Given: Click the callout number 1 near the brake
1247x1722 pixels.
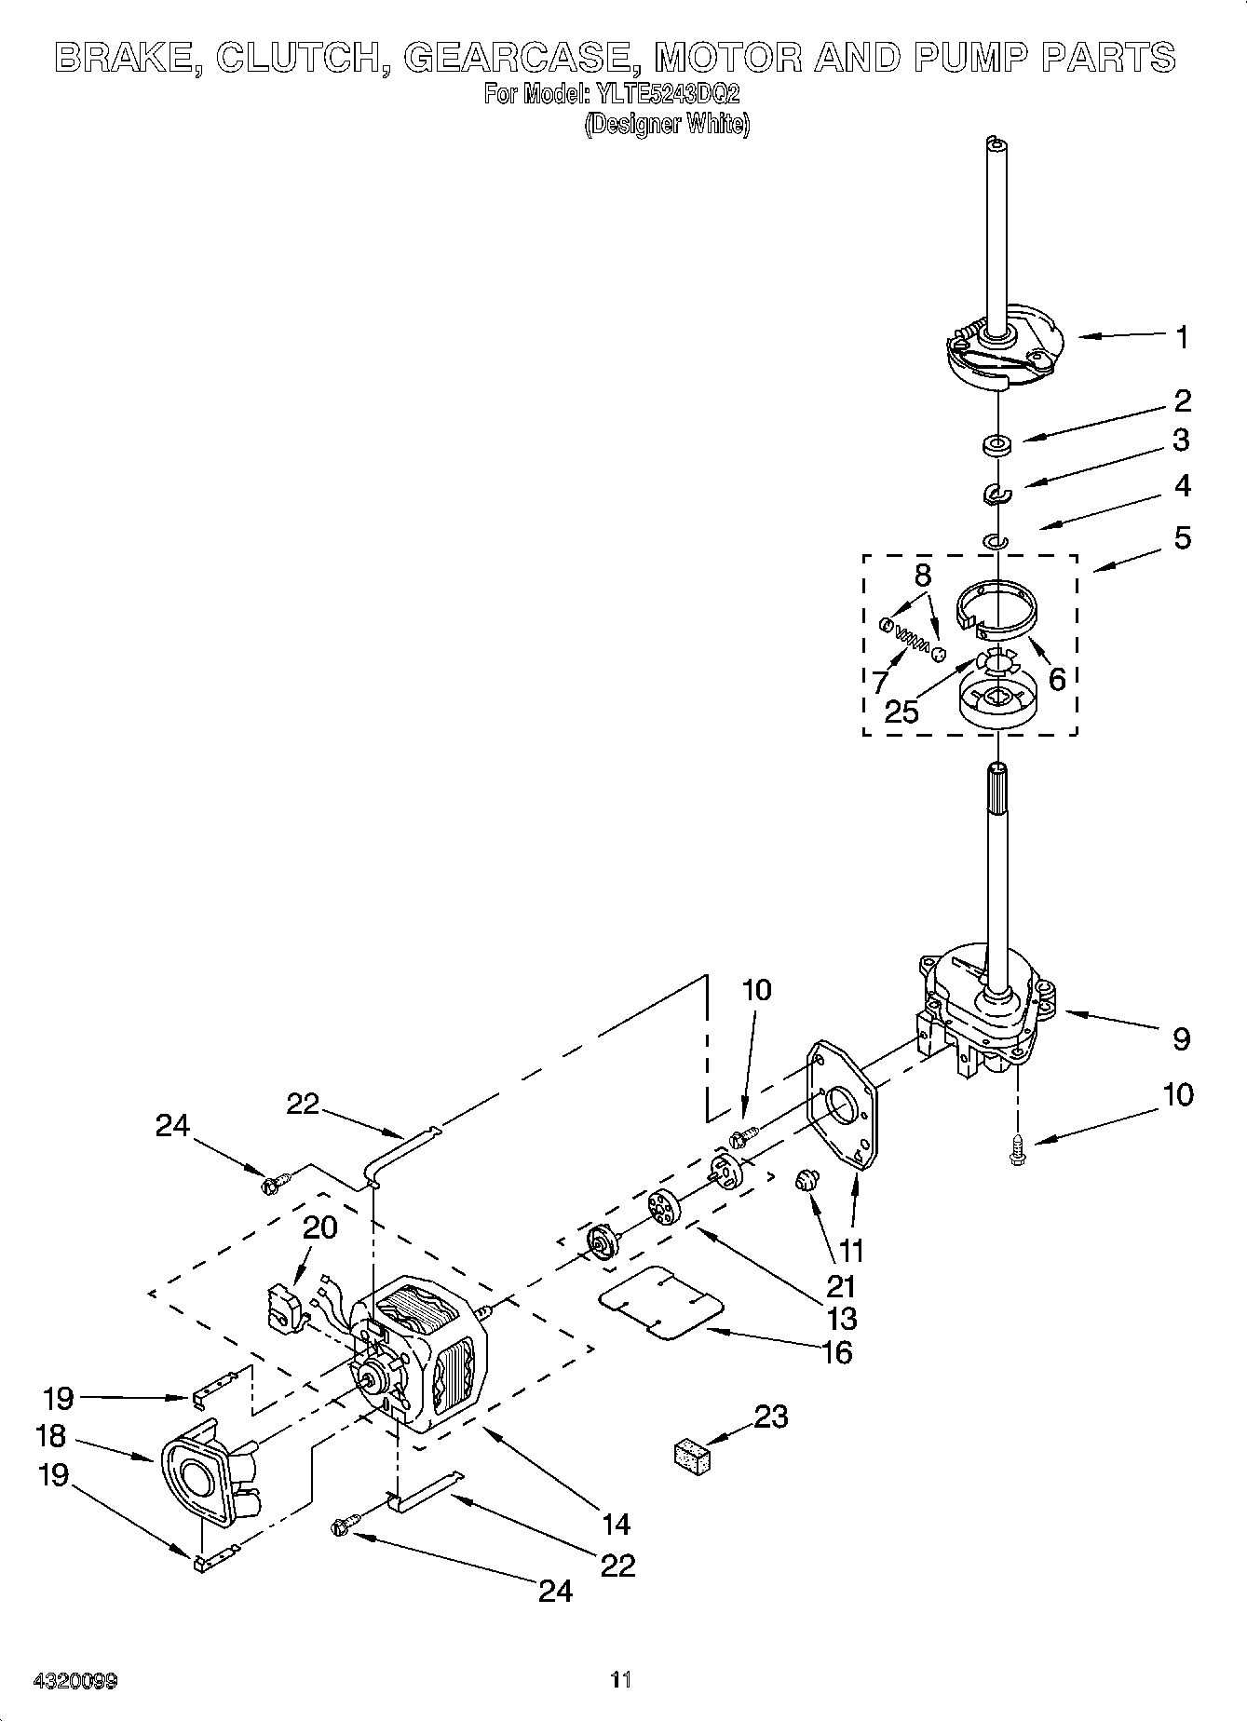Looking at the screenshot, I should coord(1181,337).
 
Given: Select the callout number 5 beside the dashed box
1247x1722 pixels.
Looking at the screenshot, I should coord(1181,537).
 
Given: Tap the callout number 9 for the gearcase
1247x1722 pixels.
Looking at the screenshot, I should coord(1180,1038).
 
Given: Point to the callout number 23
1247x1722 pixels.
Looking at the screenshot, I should coord(770,1417).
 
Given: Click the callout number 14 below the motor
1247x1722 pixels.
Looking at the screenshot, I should coord(616,1524).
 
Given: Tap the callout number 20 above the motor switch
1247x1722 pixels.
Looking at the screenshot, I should coord(319,1227).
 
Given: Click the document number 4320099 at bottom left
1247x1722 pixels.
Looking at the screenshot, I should coord(75,1681).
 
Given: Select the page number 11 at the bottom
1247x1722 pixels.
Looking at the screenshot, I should coord(621,1680).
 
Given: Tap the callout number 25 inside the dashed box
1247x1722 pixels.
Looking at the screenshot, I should coord(901,712).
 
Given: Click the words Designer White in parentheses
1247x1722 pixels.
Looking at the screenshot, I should coord(667,124).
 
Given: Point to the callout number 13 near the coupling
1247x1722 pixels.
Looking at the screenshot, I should coord(841,1319).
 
